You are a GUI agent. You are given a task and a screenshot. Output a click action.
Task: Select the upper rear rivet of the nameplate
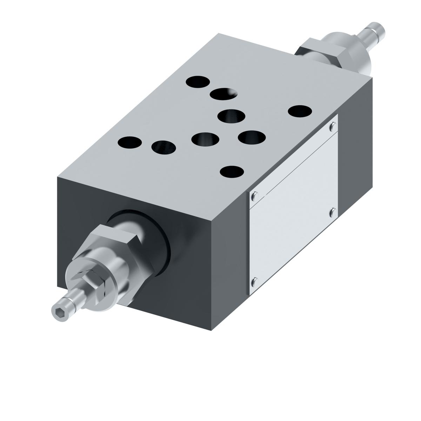333,126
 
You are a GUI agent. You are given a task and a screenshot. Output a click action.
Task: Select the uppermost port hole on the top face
198,83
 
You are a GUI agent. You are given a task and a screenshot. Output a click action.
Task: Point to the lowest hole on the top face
232,172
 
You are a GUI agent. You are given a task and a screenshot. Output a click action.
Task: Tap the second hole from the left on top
164,147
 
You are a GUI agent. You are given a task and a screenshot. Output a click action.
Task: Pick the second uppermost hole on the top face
223,94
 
